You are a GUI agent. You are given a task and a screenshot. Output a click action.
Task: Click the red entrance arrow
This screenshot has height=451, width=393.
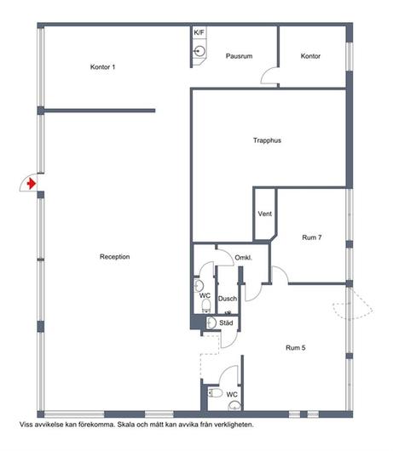pyautogui.click(x=32, y=183)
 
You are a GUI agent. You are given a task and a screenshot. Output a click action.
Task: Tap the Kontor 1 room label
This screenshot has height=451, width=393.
pyautogui.click(x=102, y=67)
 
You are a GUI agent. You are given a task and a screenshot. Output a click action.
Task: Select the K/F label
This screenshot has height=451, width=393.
pyautogui.click(x=199, y=32)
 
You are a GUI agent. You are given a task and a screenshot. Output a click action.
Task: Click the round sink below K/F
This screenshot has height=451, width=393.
pyautogui.click(x=199, y=51)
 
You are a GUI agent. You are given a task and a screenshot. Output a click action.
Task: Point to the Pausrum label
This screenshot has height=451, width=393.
pyautogui.click(x=239, y=56)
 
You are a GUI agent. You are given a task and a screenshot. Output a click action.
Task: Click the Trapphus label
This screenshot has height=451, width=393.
pyautogui.click(x=267, y=140)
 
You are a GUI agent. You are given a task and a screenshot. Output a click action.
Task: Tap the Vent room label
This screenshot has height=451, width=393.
pyautogui.click(x=265, y=214)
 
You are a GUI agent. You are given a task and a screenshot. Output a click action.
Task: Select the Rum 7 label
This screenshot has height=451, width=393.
pyautogui.click(x=312, y=237)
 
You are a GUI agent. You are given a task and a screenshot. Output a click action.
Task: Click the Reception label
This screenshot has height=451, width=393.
pyautogui.click(x=115, y=257)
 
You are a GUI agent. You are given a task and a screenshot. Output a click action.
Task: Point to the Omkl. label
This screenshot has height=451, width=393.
pyautogui.click(x=244, y=258)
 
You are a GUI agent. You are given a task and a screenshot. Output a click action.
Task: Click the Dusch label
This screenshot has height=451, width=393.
pyautogui.click(x=228, y=299)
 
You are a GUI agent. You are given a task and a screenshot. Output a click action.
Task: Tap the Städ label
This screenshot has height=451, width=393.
pyautogui.click(x=226, y=323)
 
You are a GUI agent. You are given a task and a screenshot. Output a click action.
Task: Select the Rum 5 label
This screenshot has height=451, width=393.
pyautogui.click(x=296, y=347)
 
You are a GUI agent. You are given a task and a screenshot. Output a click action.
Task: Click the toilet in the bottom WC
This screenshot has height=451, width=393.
pyautogui.click(x=215, y=392)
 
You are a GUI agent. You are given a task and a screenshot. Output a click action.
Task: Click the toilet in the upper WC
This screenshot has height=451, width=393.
pyautogui.click(x=206, y=305)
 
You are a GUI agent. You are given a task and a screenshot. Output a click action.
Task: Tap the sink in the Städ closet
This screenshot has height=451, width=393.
pyautogui.click(x=211, y=323)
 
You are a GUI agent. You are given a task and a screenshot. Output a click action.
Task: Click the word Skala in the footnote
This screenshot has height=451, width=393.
pyautogui.click(x=124, y=425)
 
